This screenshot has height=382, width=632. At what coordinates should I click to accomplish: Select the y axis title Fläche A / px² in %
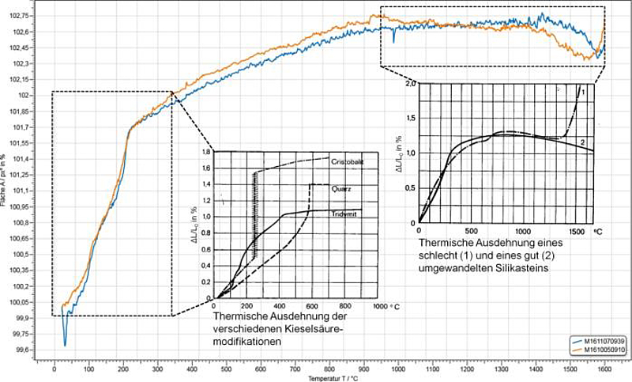coord(5,183)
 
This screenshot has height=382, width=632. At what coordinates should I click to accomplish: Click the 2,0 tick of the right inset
coord(408,83)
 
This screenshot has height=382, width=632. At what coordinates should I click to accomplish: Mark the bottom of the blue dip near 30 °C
coord(65,346)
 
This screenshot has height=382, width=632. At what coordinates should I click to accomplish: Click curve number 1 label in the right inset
coord(582,93)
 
